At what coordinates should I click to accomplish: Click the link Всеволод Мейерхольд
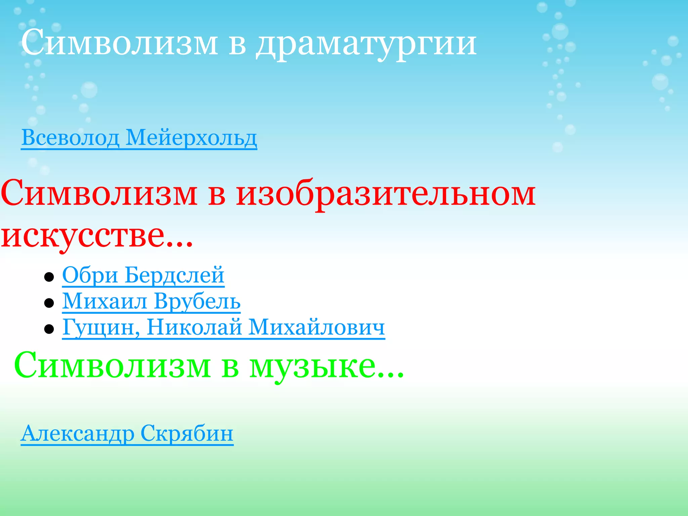tap(139, 138)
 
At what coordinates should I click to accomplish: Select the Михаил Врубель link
tap(151, 301)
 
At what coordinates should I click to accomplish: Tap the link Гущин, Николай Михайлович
tap(223, 327)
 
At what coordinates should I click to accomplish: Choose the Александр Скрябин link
tap(127, 433)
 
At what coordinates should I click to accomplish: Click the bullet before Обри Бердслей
tap(49, 277)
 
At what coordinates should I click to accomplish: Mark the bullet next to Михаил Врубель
tap(49, 303)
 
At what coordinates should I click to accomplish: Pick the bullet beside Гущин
tap(49, 329)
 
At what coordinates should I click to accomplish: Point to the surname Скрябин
tap(187, 433)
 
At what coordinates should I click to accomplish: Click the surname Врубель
tap(198, 301)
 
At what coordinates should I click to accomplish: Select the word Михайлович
tap(316, 327)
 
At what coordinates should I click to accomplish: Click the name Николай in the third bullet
tap(194, 327)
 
